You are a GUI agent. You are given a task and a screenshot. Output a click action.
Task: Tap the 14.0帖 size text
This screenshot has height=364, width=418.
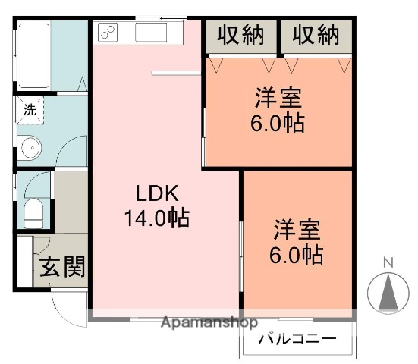(x=157, y=219)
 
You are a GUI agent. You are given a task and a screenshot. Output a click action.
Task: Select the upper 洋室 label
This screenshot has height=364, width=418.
(x=278, y=99)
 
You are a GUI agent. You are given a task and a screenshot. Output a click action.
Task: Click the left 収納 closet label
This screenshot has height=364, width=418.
(x=241, y=36)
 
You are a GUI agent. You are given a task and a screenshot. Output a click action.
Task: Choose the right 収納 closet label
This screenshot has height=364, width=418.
(x=316, y=36)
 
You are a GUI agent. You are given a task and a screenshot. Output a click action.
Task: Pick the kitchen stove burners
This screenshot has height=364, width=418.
(x=107, y=33)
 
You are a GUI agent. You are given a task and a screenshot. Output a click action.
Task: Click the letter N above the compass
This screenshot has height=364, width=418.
(x=387, y=263)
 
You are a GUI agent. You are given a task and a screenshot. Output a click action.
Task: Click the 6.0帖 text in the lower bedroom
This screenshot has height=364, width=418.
(x=297, y=255)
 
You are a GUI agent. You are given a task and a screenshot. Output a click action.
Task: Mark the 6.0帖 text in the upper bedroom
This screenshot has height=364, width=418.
(x=278, y=124)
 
